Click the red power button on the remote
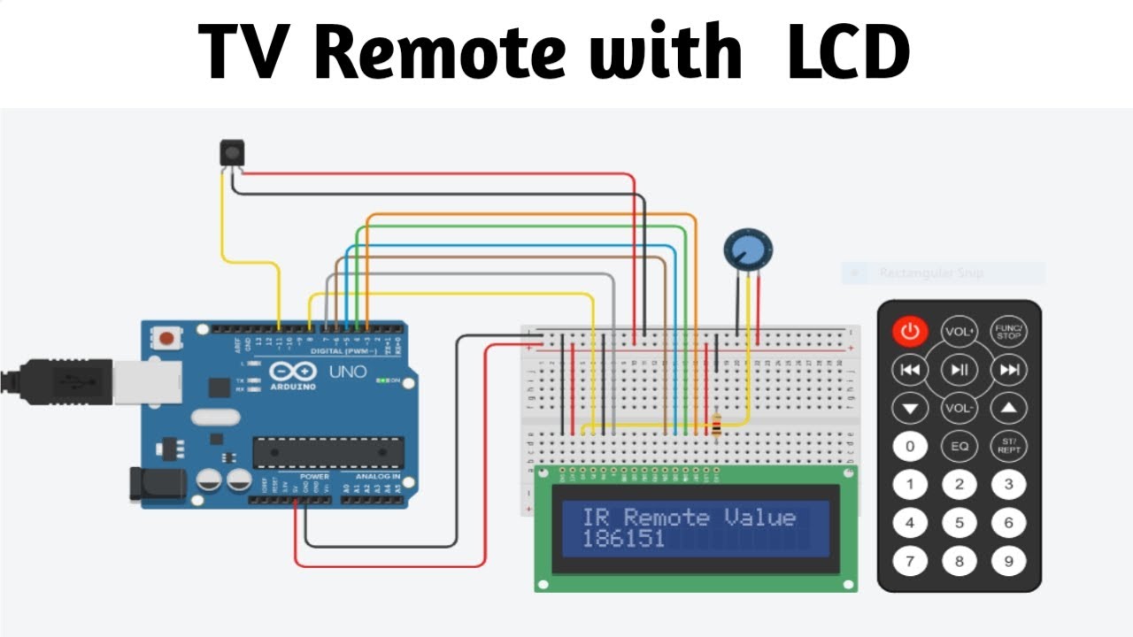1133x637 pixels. [x=910, y=332]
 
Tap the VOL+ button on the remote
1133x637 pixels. [x=959, y=332]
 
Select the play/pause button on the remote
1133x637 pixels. [x=959, y=370]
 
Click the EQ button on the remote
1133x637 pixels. [x=959, y=447]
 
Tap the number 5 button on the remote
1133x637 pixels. [x=959, y=523]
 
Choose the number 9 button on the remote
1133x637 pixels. [x=1008, y=560]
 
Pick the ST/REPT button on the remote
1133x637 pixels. [x=1008, y=446]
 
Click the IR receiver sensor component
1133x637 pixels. [x=231, y=153]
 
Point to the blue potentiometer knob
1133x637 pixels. [x=747, y=249]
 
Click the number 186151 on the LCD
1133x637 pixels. [x=623, y=539]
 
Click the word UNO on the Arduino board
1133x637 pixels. [x=347, y=372]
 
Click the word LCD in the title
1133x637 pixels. [x=848, y=50]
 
